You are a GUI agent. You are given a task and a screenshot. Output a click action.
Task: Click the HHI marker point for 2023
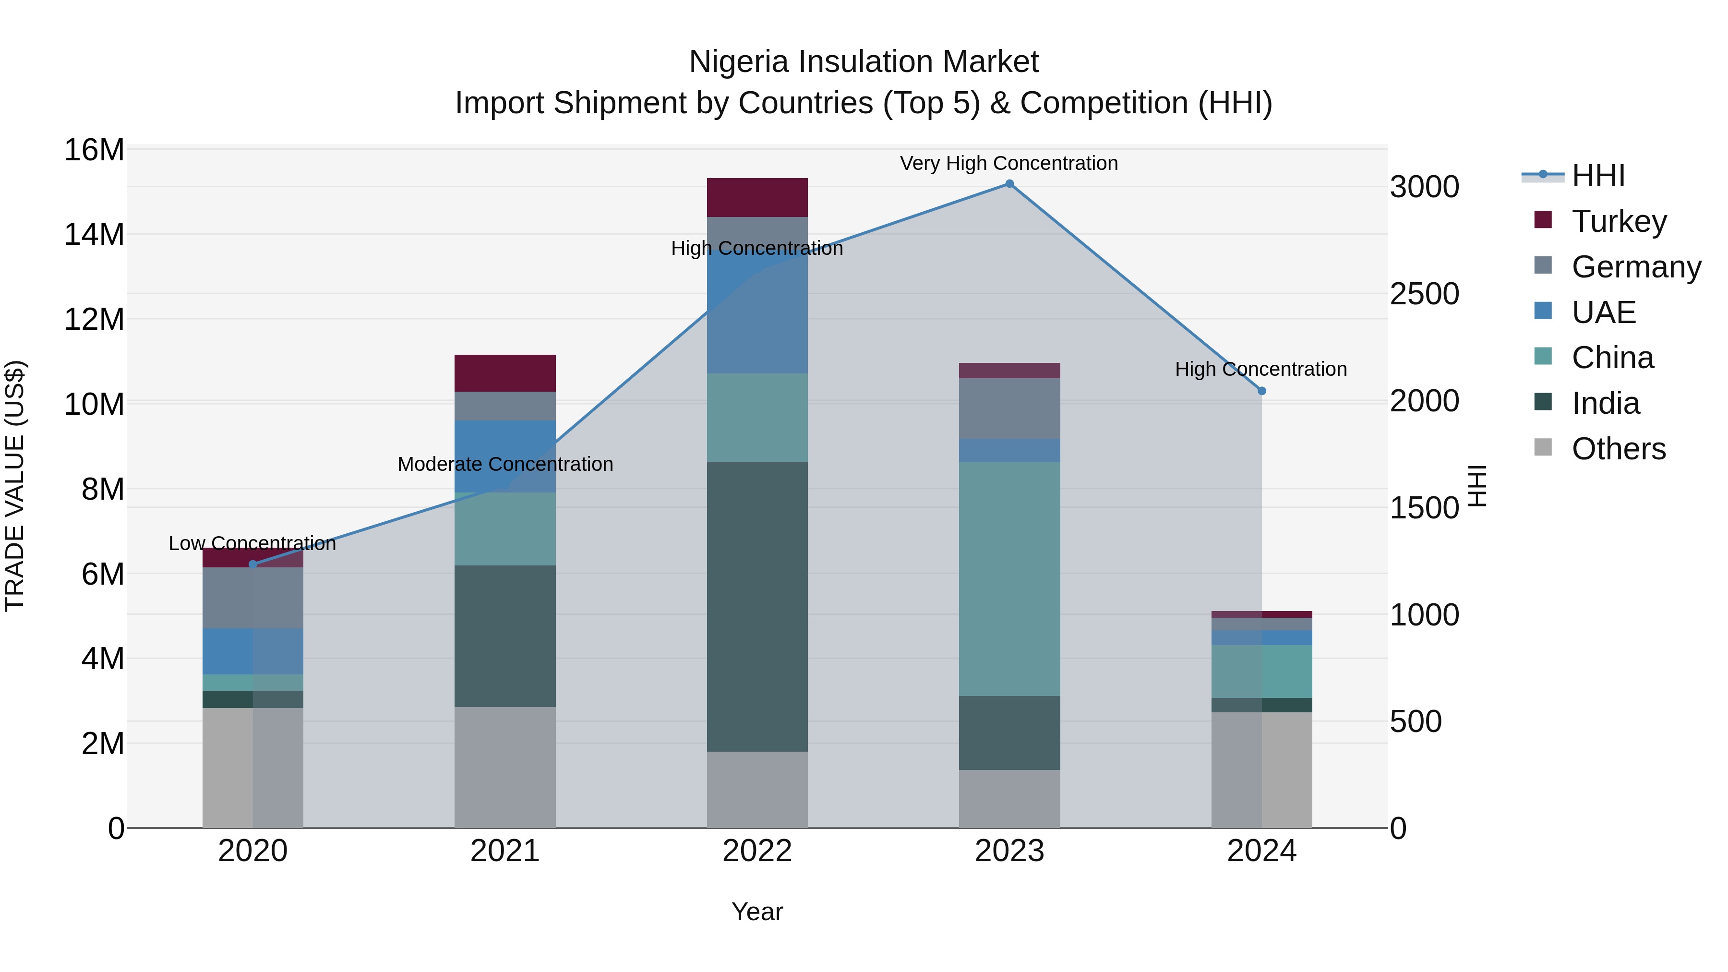(1009, 184)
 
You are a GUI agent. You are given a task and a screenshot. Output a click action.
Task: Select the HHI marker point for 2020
(253, 565)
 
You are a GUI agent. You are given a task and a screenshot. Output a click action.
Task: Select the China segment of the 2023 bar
(1009, 579)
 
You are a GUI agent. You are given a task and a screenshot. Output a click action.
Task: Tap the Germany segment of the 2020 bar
(253, 598)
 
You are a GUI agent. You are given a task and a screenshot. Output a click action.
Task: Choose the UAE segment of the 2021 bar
(504, 456)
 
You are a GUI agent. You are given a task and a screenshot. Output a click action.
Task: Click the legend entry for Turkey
(1618, 221)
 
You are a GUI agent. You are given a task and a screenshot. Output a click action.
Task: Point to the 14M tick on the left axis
(94, 235)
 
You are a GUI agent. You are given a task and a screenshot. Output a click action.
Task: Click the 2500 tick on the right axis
(1424, 294)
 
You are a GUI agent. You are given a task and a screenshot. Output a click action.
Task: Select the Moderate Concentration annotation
(505, 464)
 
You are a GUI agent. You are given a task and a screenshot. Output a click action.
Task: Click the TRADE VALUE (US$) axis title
(15, 486)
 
